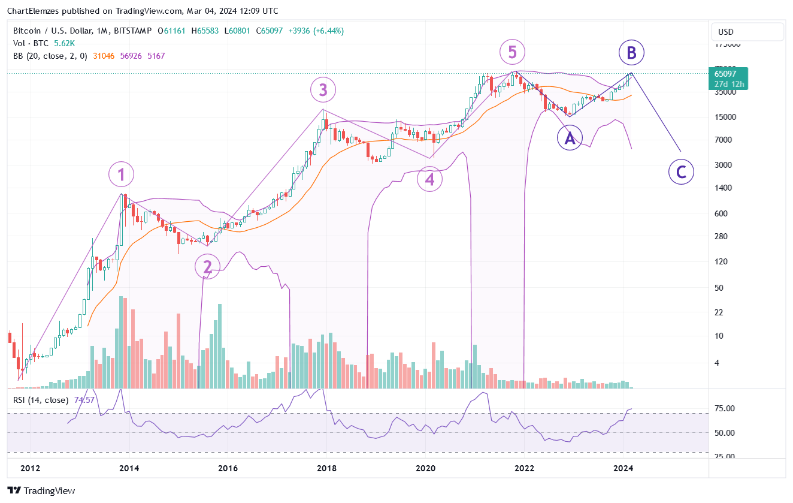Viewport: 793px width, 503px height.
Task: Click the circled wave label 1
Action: tap(122, 175)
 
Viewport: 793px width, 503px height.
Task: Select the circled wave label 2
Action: tap(208, 267)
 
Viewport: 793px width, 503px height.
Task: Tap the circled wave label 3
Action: tap(323, 91)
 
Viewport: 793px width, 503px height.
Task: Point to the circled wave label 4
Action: tap(429, 179)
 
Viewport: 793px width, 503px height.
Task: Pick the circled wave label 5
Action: tap(512, 52)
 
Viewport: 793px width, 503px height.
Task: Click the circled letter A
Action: tap(570, 138)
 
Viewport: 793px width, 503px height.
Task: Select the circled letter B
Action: tap(631, 53)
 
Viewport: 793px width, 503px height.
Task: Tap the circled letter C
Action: tap(681, 172)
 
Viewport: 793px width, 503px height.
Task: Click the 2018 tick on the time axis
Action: tap(326, 468)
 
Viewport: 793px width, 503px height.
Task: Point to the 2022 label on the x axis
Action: tap(524, 468)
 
